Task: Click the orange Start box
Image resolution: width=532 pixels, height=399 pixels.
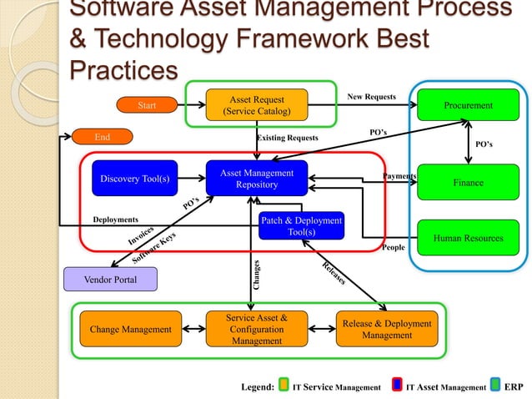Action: pos(147,105)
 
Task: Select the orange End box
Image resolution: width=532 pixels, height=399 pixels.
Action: pos(103,137)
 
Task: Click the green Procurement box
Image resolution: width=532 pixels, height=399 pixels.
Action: pos(468,105)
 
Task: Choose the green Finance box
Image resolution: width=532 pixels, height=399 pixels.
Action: pos(468,182)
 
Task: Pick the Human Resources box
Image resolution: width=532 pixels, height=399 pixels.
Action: pos(468,238)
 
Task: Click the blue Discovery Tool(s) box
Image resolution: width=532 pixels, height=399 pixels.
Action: pos(134,179)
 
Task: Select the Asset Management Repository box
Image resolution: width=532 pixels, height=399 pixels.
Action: pos(256,179)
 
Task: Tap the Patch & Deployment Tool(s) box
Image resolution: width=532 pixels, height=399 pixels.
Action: pos(301,225)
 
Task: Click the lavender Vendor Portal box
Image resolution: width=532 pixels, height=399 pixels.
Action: pos(111,279)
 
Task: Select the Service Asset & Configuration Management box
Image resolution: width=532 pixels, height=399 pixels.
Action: pos(256,329)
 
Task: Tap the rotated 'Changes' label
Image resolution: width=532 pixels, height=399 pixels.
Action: pos(257,275)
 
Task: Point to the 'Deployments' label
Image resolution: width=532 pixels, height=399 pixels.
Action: pos(116,220)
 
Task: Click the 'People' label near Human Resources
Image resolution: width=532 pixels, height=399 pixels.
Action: pos(392,248)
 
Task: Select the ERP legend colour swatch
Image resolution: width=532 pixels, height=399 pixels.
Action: pos(496,386)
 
